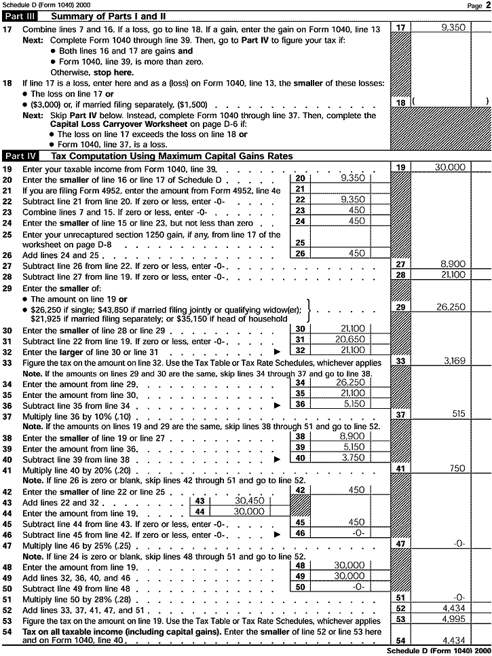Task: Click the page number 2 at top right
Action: click(x=488, y=5)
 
